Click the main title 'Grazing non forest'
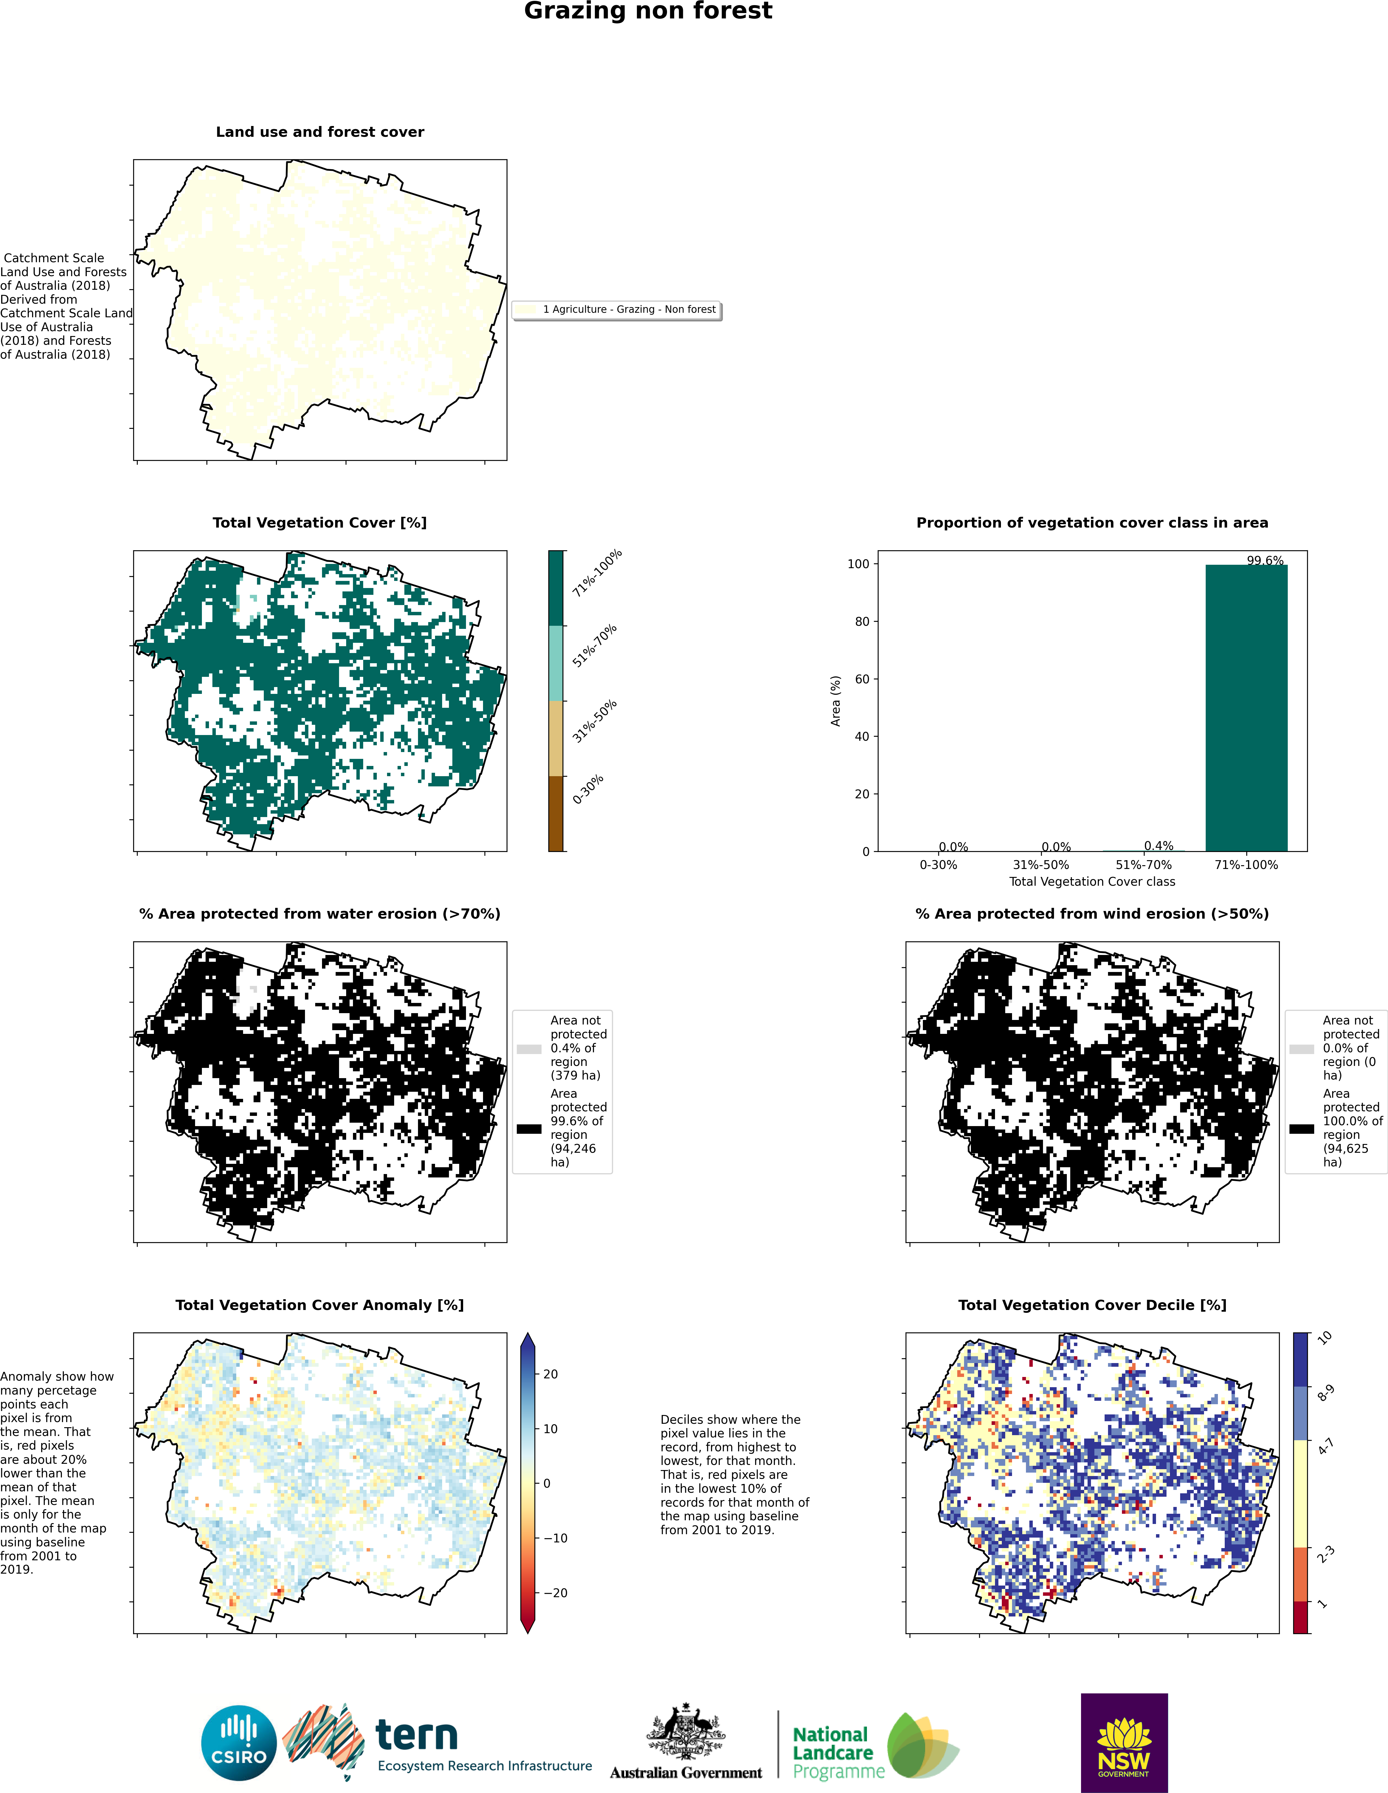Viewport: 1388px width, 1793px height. (648, 11)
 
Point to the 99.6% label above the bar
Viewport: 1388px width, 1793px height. (1265, 561)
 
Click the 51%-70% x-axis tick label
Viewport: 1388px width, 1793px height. (1143, 864)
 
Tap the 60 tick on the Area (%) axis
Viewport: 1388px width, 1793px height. (862, 679)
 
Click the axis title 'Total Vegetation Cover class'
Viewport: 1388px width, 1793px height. (1092, 882)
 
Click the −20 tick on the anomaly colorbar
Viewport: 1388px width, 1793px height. (555, 1593)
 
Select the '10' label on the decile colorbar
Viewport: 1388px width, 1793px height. (1325, 1337)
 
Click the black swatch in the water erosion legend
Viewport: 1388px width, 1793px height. (529, 1129)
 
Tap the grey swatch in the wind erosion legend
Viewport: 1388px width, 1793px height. (1302, 1049)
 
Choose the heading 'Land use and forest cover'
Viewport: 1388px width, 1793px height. (319, 132)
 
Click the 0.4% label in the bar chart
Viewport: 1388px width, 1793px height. (1158, 846)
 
